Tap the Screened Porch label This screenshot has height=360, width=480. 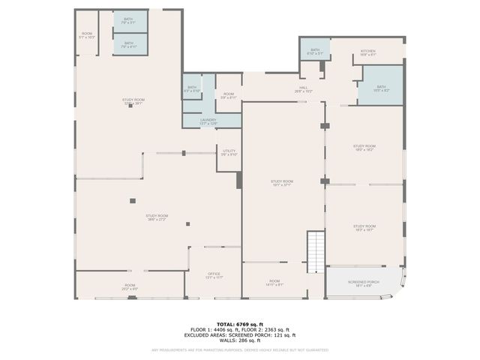coord(363,283)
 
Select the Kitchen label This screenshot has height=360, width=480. coord(367,52)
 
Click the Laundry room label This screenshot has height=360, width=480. coord(208,121)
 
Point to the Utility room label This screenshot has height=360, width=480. coord(229,153)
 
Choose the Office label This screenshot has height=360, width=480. coord(214,275)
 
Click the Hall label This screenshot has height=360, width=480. coord(302,89)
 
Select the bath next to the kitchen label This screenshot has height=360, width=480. coord(315,51)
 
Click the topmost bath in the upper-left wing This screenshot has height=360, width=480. coord(129,20)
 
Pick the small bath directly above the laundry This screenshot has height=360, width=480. coord(192,89)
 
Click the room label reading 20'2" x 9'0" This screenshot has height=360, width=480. coord(130,286)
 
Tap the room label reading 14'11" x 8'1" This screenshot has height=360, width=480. coord(274,283)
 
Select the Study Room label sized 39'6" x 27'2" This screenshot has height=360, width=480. coord(157,217)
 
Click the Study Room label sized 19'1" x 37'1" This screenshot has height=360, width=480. coord(281,183)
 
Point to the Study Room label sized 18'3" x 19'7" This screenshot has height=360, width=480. coord(364,227)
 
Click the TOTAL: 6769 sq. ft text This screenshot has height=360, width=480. coord(240,324)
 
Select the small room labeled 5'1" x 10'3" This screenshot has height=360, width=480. coord(87,34)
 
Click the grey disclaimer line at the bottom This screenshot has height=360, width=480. coord(240,349)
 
